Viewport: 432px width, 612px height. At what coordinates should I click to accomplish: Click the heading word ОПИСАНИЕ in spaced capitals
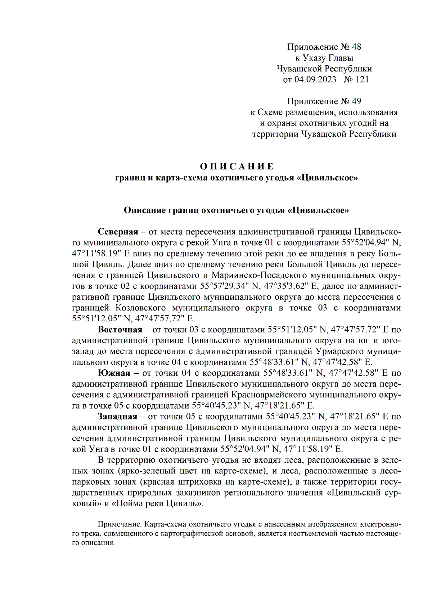[237, 166]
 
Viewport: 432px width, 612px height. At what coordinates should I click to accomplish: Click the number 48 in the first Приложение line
[356, 47]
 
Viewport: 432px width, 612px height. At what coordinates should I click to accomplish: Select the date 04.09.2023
[315, 79]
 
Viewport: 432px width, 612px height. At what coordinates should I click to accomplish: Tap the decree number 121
[362, 79]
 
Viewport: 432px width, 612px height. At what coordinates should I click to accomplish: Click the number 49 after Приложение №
[356, 101]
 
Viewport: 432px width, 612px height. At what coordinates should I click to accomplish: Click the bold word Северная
[118, 232]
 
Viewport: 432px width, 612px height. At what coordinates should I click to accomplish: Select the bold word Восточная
[120, 329]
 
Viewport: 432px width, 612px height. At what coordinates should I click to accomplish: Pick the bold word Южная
[114, 373]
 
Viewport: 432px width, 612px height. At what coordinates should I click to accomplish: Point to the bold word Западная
[117, 417]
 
